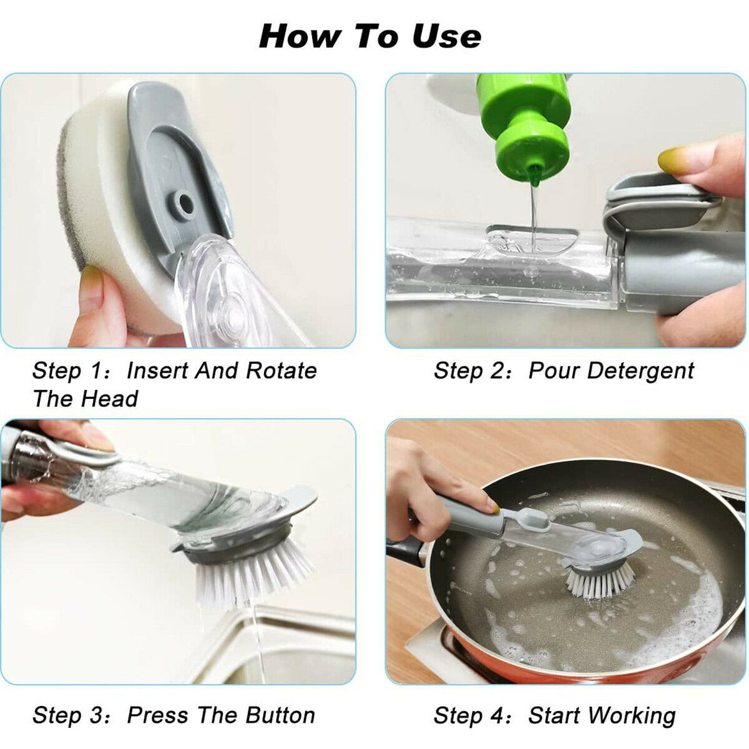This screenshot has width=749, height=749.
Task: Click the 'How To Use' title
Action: click(x=370, y=36)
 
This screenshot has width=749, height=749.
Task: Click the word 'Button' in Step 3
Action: click(x=280, y=715)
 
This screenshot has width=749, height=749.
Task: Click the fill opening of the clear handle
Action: click(x=531, y=240)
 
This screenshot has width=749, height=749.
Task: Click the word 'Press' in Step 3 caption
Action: click(x=157, y=715)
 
